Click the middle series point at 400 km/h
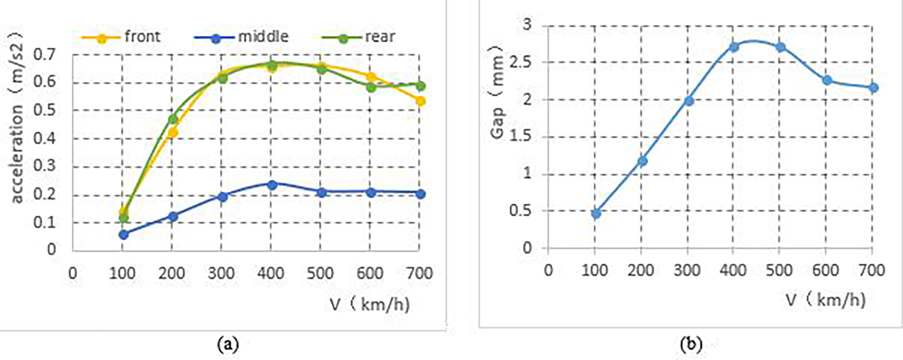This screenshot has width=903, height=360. click(272, 185)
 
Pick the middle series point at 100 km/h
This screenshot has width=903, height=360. click(123, 234)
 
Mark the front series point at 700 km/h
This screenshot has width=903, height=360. click(421, 101)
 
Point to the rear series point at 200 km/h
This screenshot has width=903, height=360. click(173, 119)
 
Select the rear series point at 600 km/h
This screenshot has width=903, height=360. click(371, 87)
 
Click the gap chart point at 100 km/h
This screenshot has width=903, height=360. click(596, 214)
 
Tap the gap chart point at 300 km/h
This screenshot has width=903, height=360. click(689, 101)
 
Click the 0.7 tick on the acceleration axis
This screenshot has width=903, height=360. click(45, 55)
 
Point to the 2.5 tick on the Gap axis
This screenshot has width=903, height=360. click(520, 62)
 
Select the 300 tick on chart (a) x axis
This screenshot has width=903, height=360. click(221, 274)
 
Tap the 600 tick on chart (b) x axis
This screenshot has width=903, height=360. click(826, 270)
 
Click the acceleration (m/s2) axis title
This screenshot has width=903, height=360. click(16, 118)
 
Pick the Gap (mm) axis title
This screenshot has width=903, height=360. click(498, 92)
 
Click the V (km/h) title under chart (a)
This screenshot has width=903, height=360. click(370, 304)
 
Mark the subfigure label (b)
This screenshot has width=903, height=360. click(691, 344)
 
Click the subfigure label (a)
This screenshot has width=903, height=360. click(228, 344)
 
